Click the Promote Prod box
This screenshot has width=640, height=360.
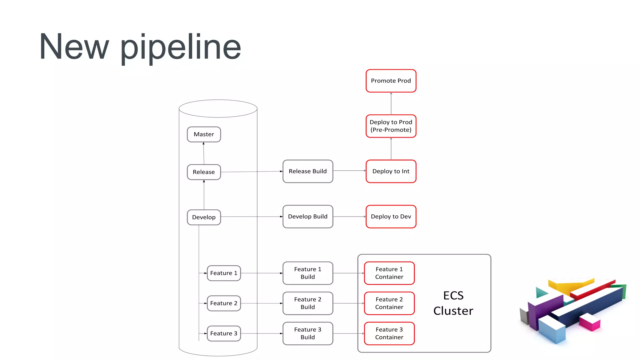point(391,81)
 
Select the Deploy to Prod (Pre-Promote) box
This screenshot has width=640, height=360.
point(391,126)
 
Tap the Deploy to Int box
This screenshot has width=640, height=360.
point(391,171)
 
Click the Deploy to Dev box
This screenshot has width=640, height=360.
point(391,217)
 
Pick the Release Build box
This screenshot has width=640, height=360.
point(307,171)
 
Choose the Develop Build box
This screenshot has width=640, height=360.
point(307,217)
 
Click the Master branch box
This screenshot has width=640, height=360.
point(204,134)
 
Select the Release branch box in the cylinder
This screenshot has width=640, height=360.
point(204,172)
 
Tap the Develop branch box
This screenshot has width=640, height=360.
point(204,217)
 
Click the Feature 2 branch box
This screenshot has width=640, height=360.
point(224,303)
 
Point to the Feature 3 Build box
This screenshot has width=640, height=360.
point(307,333)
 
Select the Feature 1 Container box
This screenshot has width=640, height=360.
point(389,273)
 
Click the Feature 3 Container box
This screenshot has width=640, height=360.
point(389,333)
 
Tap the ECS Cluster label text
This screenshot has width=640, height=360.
point(453,303)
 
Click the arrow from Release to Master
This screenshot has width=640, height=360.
point(204,153)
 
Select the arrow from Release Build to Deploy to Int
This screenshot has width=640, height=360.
point(349,171)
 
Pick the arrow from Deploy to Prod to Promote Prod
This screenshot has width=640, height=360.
point(391,103)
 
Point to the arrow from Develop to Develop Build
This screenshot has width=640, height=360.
point(252,217)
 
